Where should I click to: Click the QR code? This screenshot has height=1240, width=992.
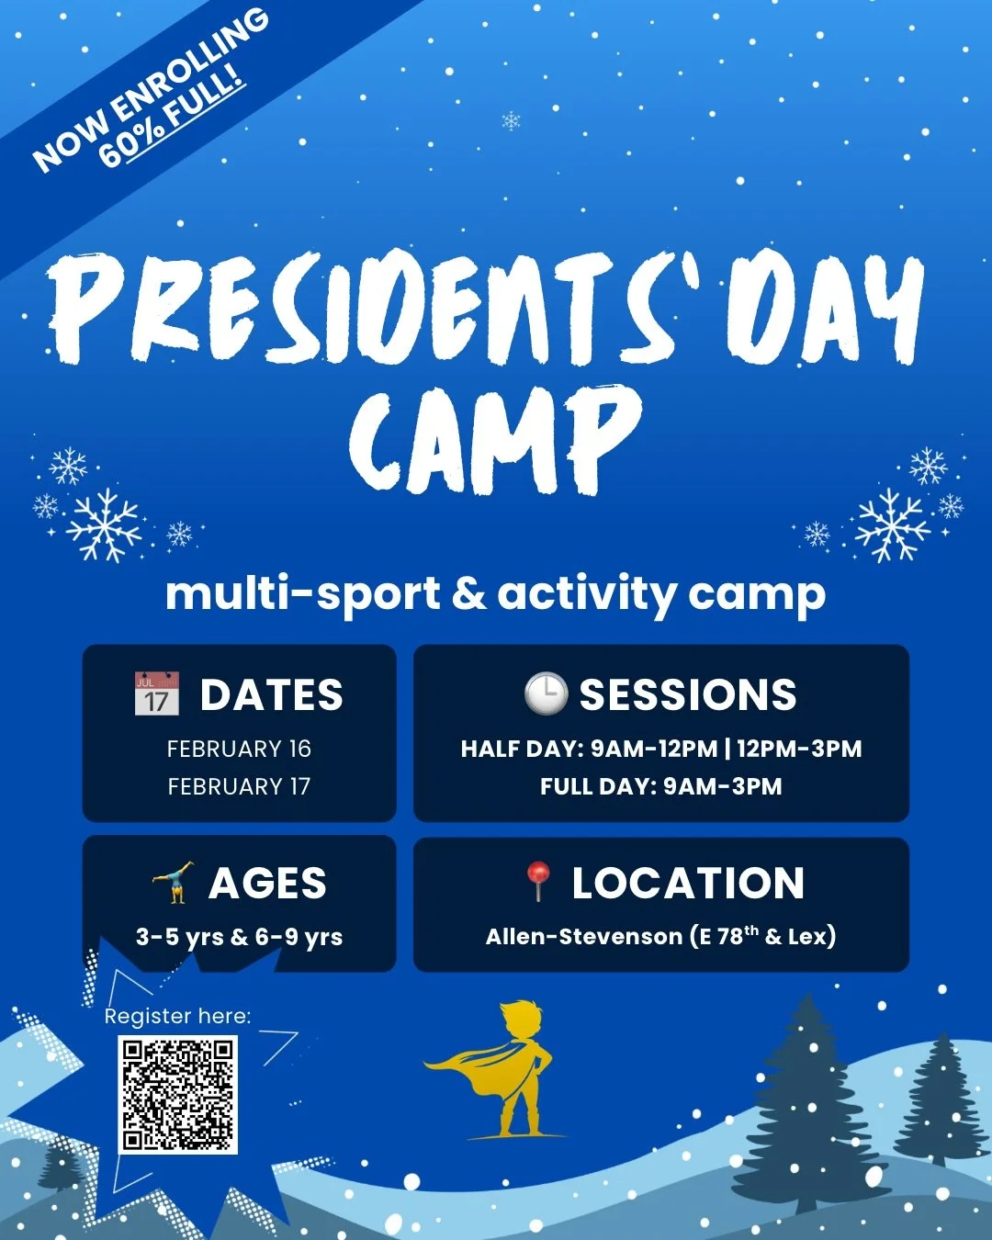point(177,1094)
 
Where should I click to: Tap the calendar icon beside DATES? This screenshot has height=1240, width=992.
point(156,694)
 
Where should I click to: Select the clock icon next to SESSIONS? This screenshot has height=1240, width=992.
point(546,693)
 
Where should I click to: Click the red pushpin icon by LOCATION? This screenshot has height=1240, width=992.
point(537,881)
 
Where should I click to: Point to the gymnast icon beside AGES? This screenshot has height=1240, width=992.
point(173,883)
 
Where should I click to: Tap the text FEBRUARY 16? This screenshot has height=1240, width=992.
point(239,749)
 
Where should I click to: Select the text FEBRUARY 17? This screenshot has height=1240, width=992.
point(239,786)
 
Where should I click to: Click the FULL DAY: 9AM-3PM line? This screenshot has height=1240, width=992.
point(660,786)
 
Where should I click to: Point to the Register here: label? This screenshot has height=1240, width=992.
point(177,1016)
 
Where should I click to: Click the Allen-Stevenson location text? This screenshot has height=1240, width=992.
point(660,936)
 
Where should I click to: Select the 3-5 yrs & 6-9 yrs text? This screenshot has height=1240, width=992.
point(239,937)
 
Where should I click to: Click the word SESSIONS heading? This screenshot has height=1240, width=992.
point(687,694)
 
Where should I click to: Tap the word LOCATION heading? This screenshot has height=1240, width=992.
point(688,883)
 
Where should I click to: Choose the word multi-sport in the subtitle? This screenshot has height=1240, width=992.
point(302,594)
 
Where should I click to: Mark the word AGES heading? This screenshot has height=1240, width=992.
point(267,884)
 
